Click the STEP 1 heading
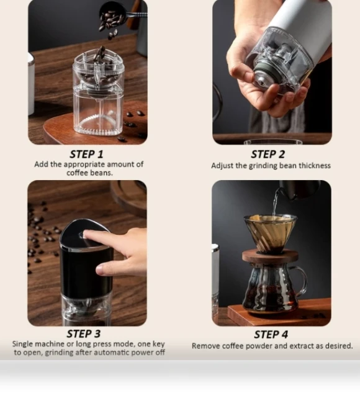point(86,154)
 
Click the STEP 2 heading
point(268,154)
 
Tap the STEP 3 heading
point(84,333)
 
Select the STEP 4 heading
point(271,335)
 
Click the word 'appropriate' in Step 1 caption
point(84,165)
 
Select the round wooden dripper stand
point(270,256)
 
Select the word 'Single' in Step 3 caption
point(23,344)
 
